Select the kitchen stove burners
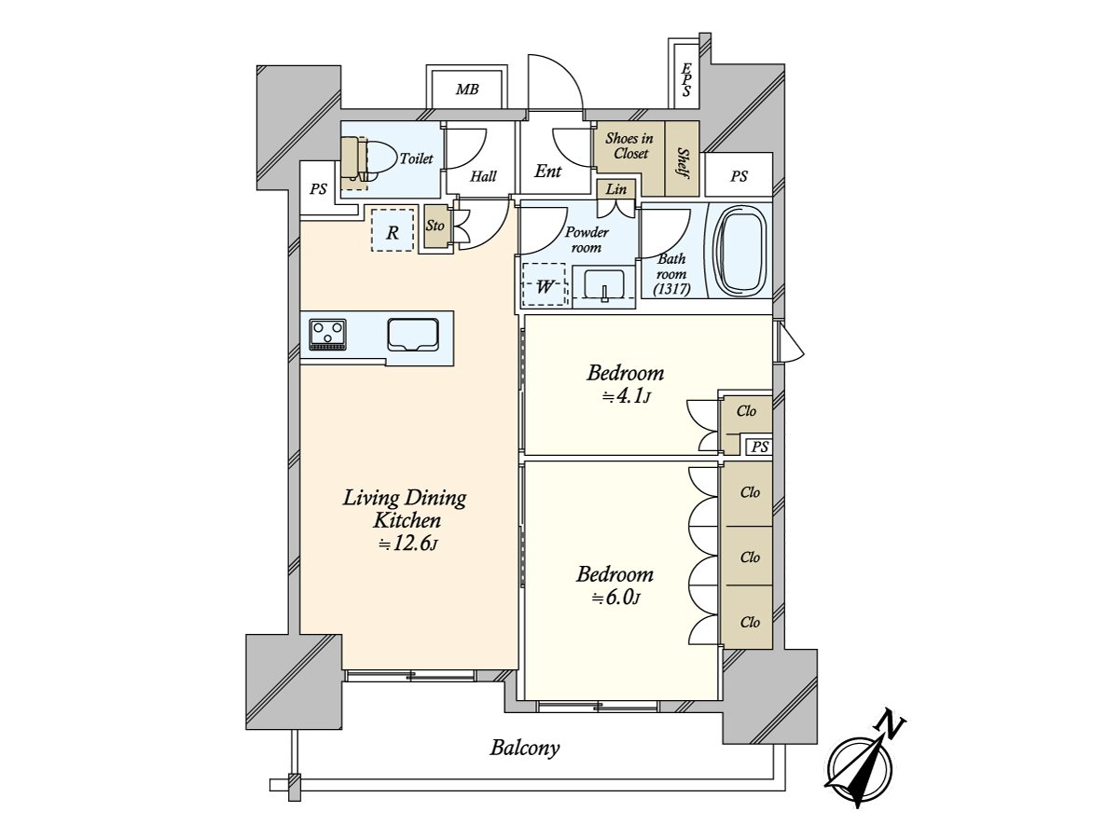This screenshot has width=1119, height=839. pos(328,335)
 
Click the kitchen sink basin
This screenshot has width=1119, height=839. pos(413,335)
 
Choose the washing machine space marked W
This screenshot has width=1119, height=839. pos(544,284)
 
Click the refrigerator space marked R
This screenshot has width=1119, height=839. pos(392,230)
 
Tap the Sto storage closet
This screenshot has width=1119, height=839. pos(435,227)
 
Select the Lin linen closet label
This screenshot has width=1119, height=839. pos(615,189)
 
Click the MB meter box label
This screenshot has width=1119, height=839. pos(467,89)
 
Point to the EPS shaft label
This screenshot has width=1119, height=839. pos(686,80)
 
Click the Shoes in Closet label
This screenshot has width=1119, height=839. pos(629,145)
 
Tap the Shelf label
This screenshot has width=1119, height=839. pos(682,163)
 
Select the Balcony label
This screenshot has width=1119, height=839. pos(525,748)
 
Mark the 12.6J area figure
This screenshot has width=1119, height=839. pos(408,545)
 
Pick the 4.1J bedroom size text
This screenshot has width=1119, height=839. pos(626,396)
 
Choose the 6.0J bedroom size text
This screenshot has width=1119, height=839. pos(615,598)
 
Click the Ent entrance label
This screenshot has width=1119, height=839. pos(547,172)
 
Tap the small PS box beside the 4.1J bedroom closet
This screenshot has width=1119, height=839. pos(760,447)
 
